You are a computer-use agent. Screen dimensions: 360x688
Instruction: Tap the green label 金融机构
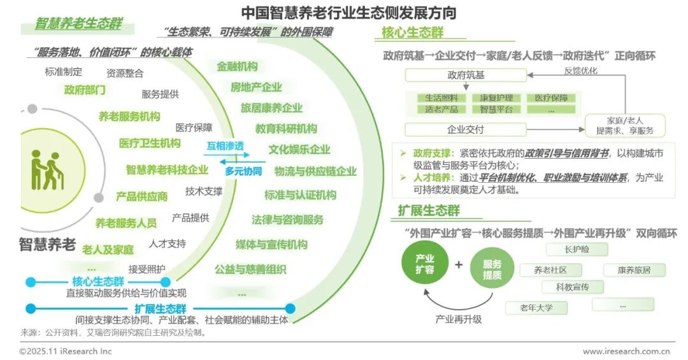tap(236, 66)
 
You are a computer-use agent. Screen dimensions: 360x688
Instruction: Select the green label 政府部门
tap(85, 90)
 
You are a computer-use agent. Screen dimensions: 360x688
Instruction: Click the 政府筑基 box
tap(466, 75)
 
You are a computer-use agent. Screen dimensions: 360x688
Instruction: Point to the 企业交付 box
tap(466, 129)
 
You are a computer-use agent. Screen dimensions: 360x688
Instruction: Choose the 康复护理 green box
tap(496, 98)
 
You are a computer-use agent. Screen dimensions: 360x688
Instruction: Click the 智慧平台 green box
tap(496, 109)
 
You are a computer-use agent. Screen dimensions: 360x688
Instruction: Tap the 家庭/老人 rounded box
tap(624, 125)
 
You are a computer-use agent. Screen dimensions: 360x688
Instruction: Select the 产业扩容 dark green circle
tap(425, 264)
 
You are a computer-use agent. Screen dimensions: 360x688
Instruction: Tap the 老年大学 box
tap(536, 308)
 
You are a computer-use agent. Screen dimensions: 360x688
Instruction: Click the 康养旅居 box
tap(634, 270)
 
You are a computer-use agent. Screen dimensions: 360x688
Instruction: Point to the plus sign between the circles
tap(459, 264)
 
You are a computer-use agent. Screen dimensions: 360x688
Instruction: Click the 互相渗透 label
tap(224, 146)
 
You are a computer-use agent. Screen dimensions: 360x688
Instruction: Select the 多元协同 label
tap(243, 171)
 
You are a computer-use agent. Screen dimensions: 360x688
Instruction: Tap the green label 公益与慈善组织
tap(250, 269)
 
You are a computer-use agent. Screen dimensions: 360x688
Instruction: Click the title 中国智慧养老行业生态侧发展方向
tap(348, 12)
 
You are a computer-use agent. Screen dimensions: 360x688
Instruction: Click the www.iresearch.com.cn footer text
tap(627, 351)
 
